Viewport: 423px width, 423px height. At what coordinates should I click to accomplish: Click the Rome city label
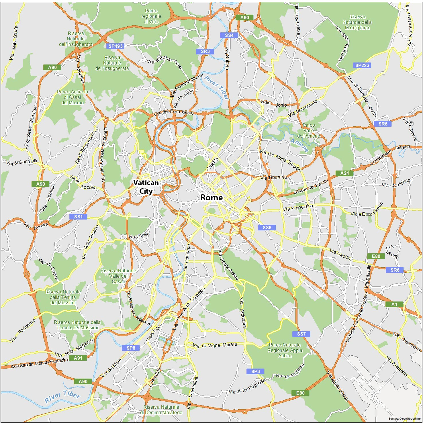pos(211,197)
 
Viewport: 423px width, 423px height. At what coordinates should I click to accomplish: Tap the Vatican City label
pos(146,187)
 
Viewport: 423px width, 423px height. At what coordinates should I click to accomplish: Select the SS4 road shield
pos(229,35)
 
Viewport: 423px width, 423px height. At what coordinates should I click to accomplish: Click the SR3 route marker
pos(205,52)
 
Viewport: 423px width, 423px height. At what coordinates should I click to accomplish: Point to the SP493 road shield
pos(115,46)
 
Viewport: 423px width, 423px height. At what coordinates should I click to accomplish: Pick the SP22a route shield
pos(362,65)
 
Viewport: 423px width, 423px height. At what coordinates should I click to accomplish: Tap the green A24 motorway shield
pos(344,173)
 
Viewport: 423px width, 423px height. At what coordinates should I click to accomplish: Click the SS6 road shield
pos(267,228)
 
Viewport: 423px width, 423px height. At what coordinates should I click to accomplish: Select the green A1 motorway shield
pos(394,304)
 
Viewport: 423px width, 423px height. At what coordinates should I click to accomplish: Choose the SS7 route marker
pos(301,334)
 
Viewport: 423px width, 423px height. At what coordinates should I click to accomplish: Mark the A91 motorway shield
pos(78,358)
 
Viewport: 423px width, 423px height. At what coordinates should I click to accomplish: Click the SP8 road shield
pos(131,348)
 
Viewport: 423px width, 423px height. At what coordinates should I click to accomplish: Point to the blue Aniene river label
pos(299,145)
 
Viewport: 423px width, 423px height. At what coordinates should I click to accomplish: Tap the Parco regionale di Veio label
pos(151,16)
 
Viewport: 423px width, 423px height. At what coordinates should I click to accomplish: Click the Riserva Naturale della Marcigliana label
pos(357,22)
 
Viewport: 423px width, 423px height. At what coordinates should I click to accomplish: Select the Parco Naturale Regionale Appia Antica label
pos(285,350)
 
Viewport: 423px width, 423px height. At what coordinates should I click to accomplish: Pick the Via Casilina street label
pos(341,255)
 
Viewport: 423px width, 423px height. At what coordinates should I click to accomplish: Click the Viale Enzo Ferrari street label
pos(367,211)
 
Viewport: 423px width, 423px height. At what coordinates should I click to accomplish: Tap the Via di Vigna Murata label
pos(215,345)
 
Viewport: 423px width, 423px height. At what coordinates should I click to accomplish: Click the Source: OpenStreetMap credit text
pos(405,419)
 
